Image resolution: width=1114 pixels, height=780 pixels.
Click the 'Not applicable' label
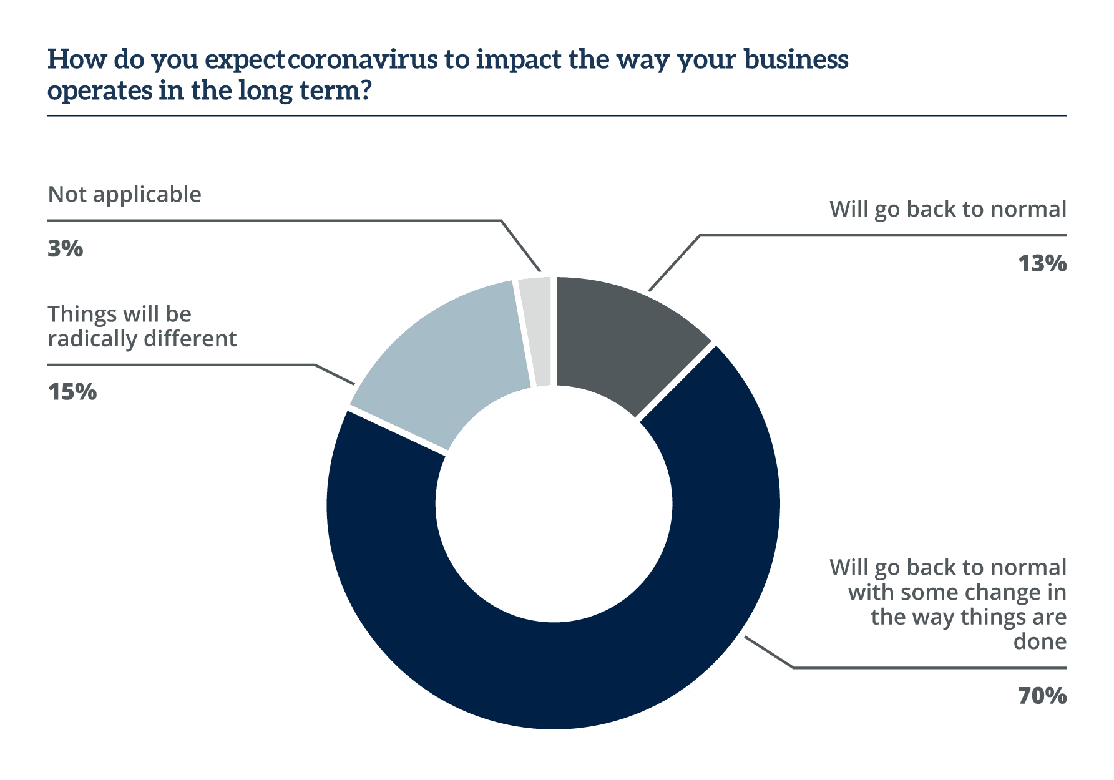(x=124, y=195)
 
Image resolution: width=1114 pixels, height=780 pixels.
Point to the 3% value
(x=65, y=248)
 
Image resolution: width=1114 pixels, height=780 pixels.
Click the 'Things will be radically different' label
(x=142, y=326)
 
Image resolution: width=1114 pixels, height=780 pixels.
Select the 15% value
(x=72, y=392)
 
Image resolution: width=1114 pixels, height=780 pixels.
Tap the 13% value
(x=1042, y=264)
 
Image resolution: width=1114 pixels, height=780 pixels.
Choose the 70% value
(x=1042, y=695)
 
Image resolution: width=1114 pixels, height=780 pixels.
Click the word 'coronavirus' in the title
(x=363, y=60)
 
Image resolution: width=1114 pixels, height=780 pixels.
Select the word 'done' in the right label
(x=1040, y=641)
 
